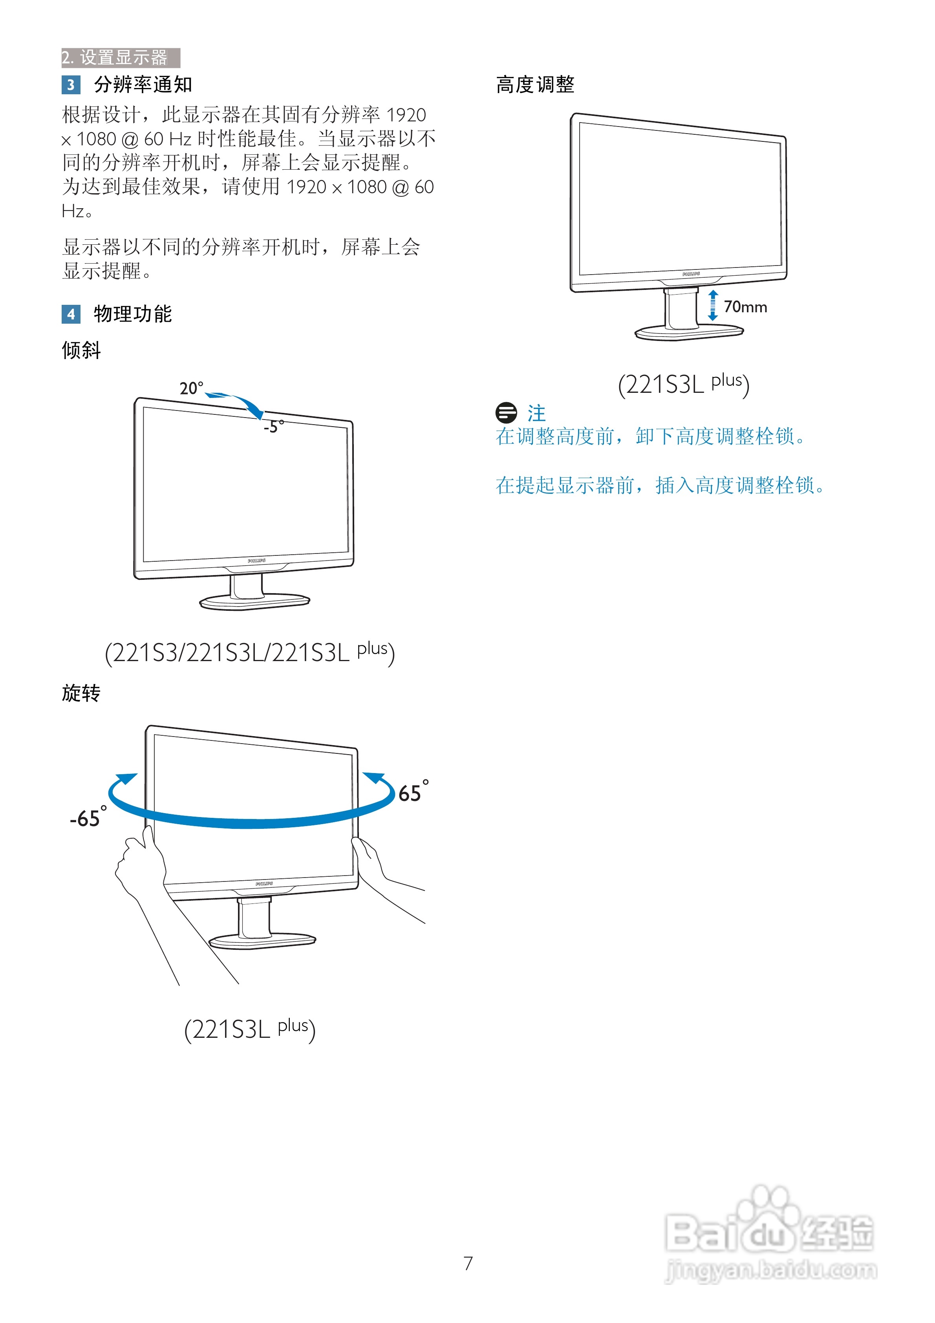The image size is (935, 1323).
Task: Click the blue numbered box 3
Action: point(71,85)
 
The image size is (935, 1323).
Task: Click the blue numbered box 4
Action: point(71,314)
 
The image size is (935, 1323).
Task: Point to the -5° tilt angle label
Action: point(273,427)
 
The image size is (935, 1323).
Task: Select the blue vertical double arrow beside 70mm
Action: point(713,305)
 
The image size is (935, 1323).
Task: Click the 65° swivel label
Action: point(412,792)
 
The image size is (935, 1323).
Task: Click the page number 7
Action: point(468,1263)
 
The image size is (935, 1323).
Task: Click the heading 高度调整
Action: point(535,85)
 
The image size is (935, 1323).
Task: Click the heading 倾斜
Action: point(81,350)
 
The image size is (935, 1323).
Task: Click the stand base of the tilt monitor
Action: point(254,602)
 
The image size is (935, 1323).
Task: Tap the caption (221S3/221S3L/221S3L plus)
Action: point(249,652)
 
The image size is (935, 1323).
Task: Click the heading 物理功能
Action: point(132,314)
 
